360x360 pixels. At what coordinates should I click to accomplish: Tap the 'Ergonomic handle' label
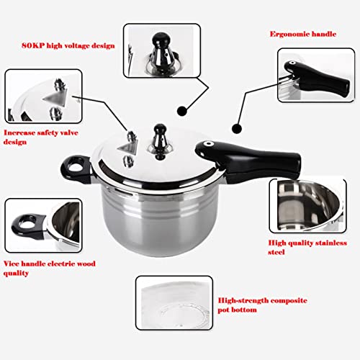click(303, 34)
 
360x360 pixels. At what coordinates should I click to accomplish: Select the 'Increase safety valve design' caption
click(41, 138)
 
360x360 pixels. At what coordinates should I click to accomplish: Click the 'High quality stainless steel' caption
click(307, 248)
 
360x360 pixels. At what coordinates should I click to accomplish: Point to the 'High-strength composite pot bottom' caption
click(262, 305)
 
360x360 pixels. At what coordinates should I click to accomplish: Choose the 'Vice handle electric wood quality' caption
click(49, 269)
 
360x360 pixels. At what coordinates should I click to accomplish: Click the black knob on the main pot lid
click(160, 130)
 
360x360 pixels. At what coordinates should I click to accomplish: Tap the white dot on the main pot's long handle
click(208, 144)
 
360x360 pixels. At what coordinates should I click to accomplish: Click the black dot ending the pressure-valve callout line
click(182, 111)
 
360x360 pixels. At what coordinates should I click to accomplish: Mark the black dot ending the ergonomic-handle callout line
click(237, 129)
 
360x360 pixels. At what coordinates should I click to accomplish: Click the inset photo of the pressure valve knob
click(162, 50)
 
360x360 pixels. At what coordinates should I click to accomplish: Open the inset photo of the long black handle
click(316, 76)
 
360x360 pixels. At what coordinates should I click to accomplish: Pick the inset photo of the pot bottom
click(174, 303)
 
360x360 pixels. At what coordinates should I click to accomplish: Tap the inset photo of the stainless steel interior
click(308, 206)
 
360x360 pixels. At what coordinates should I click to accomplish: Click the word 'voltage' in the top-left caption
click(76, 46)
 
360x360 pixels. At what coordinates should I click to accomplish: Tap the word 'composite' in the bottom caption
click(289, 301)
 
